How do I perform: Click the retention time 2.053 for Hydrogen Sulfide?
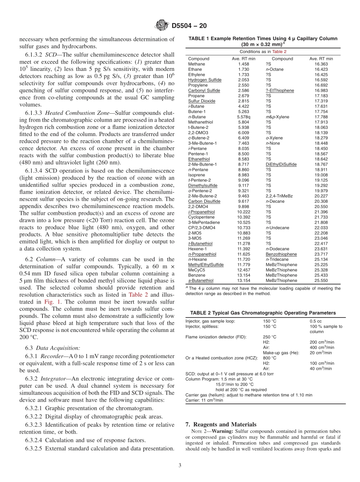pyautogui.click(x=244, y=80)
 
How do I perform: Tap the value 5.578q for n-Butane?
pyautogui.click(x=244, y=117)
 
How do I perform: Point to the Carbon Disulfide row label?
pyautogui.click(x=204, y=201)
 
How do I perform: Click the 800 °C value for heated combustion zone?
pyautogui.click(x=269, y=358)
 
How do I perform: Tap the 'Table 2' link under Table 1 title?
pyautogui.click(x=279, y=52)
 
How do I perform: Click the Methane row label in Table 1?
pyautogui.click(x=197, y=64)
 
